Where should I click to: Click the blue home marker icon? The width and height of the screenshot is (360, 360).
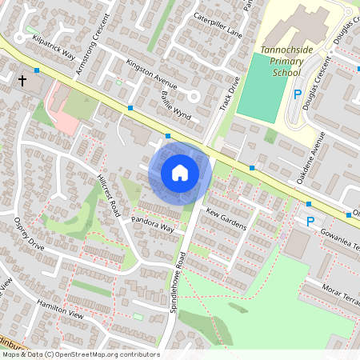179,172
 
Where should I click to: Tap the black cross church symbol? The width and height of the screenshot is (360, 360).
22,81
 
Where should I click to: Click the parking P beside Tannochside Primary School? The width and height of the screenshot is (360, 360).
298,95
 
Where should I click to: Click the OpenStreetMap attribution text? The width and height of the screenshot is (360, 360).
80,354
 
